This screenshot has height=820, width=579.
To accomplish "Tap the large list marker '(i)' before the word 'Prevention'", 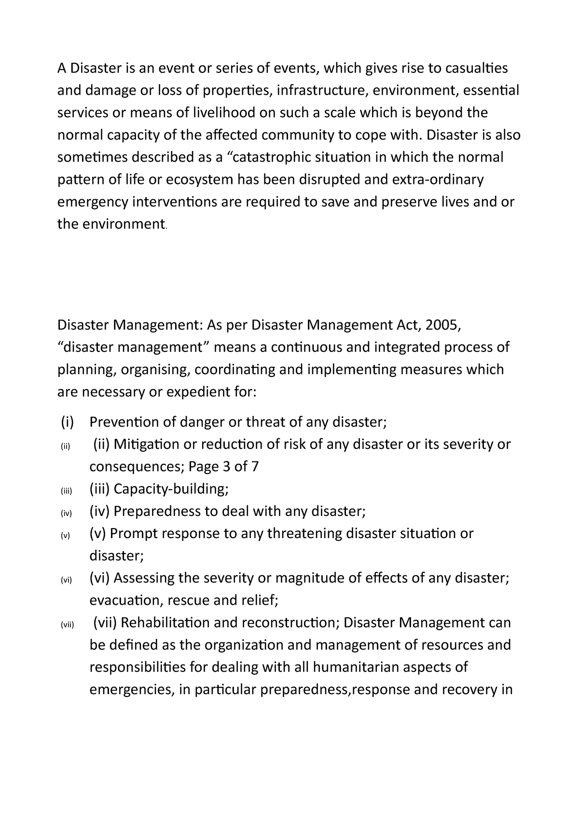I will point(67,422).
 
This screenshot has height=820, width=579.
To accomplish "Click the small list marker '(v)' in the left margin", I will point(66,536).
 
